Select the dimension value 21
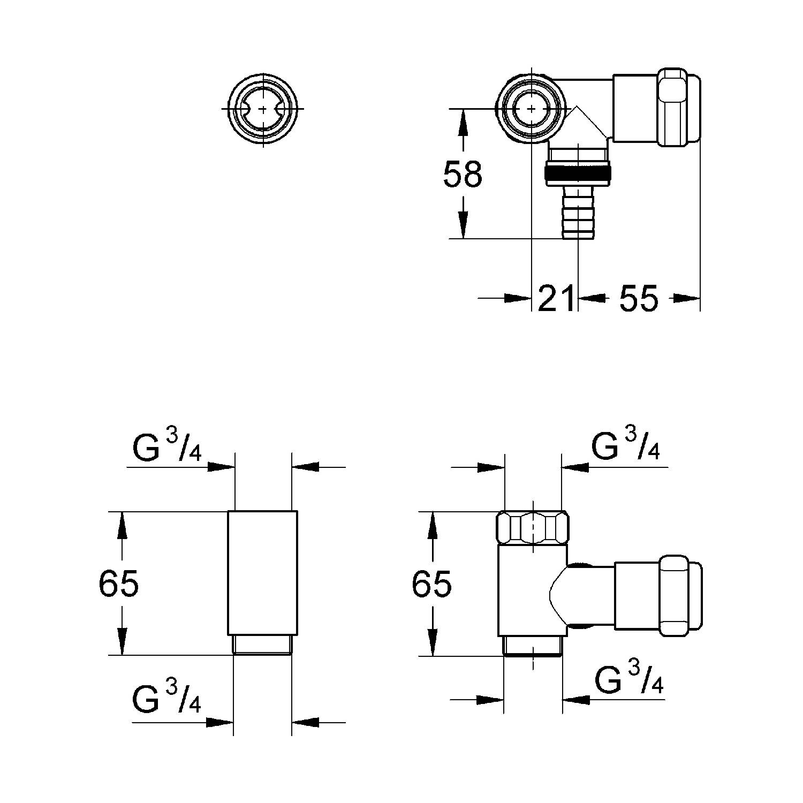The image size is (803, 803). click(556, 298)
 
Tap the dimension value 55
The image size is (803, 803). click(639, 298)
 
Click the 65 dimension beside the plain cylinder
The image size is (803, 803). click(118, 583)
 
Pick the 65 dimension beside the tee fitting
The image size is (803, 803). click(431, 583)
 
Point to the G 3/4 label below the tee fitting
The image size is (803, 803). click(629, 679)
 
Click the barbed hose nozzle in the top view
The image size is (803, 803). click(578, 211)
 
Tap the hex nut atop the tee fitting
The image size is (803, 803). click(533, 528)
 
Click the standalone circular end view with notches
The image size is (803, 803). click(263, 108)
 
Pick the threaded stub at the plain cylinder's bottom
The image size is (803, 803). click(262, 645)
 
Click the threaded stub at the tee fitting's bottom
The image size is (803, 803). click(533, 646)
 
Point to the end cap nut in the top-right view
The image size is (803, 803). click(679, 107)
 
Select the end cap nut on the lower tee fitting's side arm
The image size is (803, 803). click(680, 596)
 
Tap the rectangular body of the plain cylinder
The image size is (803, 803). click(262, 573)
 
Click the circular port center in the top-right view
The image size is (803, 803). click(531, 109)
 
